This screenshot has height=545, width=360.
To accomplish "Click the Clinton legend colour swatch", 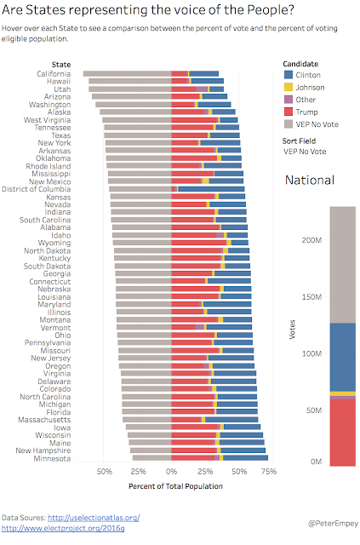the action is click(x=289, y=75).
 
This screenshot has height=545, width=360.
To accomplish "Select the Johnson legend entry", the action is click(x=305, y=87).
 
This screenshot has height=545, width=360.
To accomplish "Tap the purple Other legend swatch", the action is click(x=289, y=100).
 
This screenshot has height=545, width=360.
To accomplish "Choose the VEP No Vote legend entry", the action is click(x=311, y=124).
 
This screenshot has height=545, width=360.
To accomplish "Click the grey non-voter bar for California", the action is click(x=127, y=74).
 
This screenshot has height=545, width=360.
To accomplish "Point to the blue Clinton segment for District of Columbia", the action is click(x=211, y=189).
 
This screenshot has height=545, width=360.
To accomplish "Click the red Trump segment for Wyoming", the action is click(x=199, y=243).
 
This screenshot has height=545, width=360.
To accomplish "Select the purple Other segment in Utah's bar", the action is click(x=202, y=89).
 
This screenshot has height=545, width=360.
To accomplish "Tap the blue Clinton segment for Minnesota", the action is click(x=246, y=458).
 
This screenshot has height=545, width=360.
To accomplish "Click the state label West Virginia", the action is click(x=47, y=120).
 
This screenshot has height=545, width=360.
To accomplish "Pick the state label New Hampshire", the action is click(x=43, y=450).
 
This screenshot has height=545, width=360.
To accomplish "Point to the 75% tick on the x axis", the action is click(x=269, y=472).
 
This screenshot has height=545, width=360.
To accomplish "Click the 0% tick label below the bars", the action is click(x=171, y=472).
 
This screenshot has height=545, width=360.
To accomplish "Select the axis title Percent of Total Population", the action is click(x=175, y=486).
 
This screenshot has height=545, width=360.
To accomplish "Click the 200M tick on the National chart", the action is click(x=311, y=240).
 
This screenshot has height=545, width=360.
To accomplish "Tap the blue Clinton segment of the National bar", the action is click(x=343, y=358).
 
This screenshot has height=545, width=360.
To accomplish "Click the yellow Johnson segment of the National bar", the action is click(x=343, y=393).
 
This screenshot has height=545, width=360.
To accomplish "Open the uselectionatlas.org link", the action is click(x=94, y=518).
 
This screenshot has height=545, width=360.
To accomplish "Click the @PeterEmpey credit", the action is click(x=333, y=524).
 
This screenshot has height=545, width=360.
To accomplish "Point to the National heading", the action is click(x=310, y=180).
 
